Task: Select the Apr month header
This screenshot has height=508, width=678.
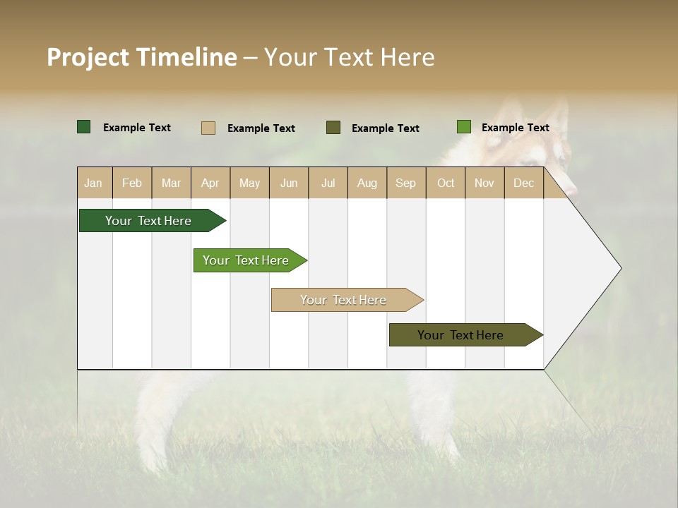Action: click(x=210, y=183)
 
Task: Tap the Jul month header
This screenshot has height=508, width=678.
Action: click(x=328, y=183)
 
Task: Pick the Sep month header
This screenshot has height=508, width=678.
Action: click(x=406, y=183)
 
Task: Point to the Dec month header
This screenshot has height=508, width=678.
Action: click(x=524, y=183)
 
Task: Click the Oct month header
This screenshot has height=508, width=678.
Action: click(x=446, y=183)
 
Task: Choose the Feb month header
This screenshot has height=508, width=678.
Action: click(x=132, y=183)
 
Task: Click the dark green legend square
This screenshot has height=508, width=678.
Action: click(x=84, y=127)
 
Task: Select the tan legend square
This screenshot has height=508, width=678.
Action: click(x=208, y=128)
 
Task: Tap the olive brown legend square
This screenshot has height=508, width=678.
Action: click(x=333, y=128)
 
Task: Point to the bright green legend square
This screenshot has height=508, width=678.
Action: click(x=464, y=127)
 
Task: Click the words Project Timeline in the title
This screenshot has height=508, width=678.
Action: click(x=142, y=57)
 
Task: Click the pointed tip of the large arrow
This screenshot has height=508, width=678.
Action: click(x=620, y=268)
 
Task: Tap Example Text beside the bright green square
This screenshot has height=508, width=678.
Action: click(x=515, y=128)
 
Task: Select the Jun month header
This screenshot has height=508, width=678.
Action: click(x=289, y=183)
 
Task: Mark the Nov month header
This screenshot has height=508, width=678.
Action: click(x=484, y=183)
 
